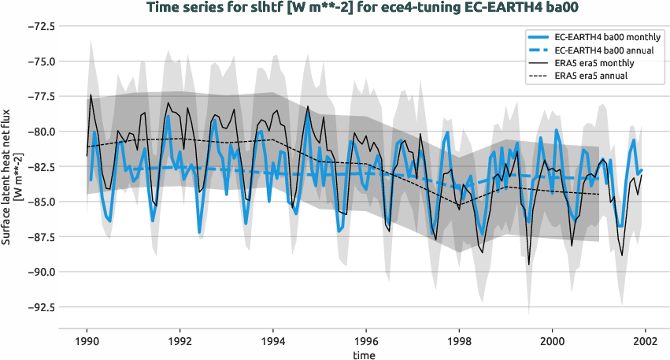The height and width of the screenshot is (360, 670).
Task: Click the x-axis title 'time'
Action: pyautogui.click(x=364, y=355)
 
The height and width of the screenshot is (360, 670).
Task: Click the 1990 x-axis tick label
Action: pyautogui.click(x=87, y=342)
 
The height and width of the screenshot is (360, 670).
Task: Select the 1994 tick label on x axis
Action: pyautogui.click(x=272, y=342)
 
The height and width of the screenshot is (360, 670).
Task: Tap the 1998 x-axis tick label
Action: pyautogui.click(x=459, y=342)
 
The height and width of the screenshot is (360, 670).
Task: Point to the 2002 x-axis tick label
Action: pyautogui.click(x=645, y=342)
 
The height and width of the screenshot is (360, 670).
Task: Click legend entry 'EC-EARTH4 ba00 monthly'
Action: pyautogui.click(x=607, y=37)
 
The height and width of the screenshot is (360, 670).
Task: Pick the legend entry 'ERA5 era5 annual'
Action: pyautogui.click(x=594, y=76)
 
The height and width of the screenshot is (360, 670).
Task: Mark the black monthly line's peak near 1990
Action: pyautogui.click(x=91, y=95)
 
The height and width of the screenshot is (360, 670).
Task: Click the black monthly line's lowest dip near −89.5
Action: pyautogui.click(x=528, y=265)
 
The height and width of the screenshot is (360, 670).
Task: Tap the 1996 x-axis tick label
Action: pyautogui.click(x=366, y=342)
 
